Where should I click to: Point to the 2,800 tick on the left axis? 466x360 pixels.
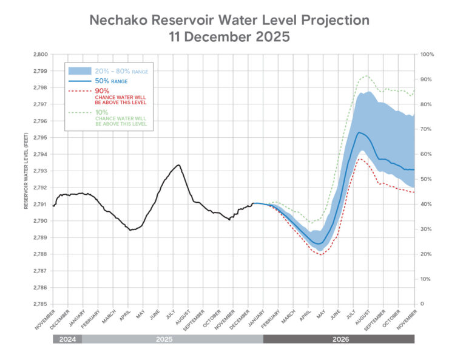(38, 55)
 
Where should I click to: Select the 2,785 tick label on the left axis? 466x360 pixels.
(38, 304)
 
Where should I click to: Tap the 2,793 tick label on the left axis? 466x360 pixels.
(38, 171)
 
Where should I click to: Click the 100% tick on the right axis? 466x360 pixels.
(427, 55)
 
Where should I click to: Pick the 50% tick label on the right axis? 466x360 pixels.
(425, 179)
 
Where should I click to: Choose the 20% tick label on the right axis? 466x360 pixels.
(425, 254)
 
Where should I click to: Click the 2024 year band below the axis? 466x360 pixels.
(67, 339)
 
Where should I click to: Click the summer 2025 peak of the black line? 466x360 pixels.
(178, 165)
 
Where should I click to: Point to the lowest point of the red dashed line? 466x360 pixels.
(320, 255)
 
